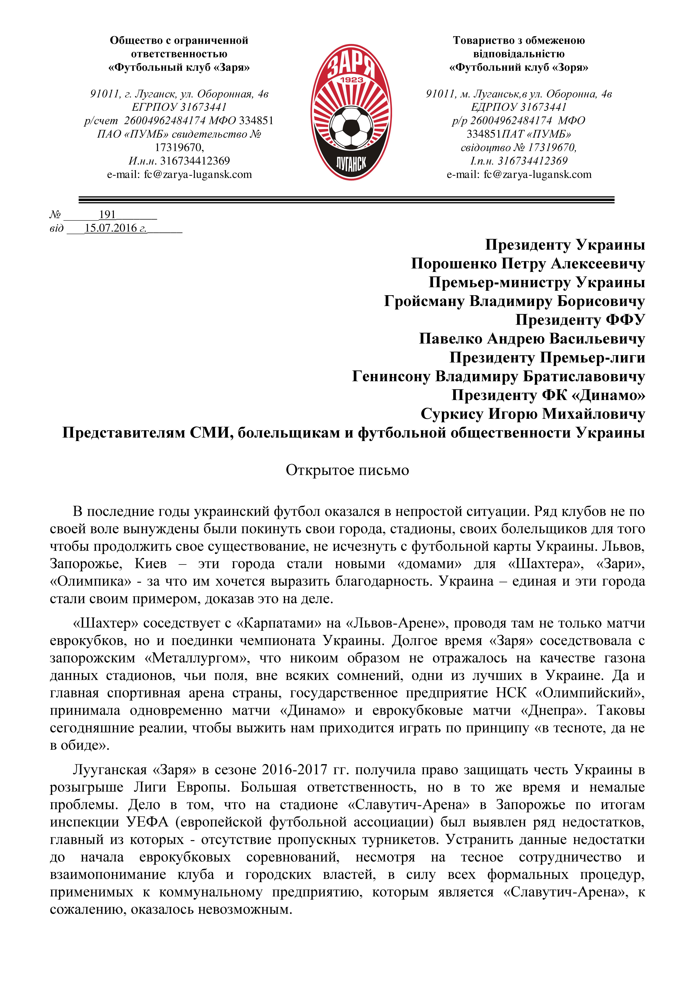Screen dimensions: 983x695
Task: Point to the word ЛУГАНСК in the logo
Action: (351, 163)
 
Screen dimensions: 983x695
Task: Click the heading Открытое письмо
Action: (347, 470)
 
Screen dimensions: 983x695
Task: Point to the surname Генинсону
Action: (391, 376)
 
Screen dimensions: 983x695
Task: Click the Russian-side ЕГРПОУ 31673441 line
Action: (179, 107)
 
